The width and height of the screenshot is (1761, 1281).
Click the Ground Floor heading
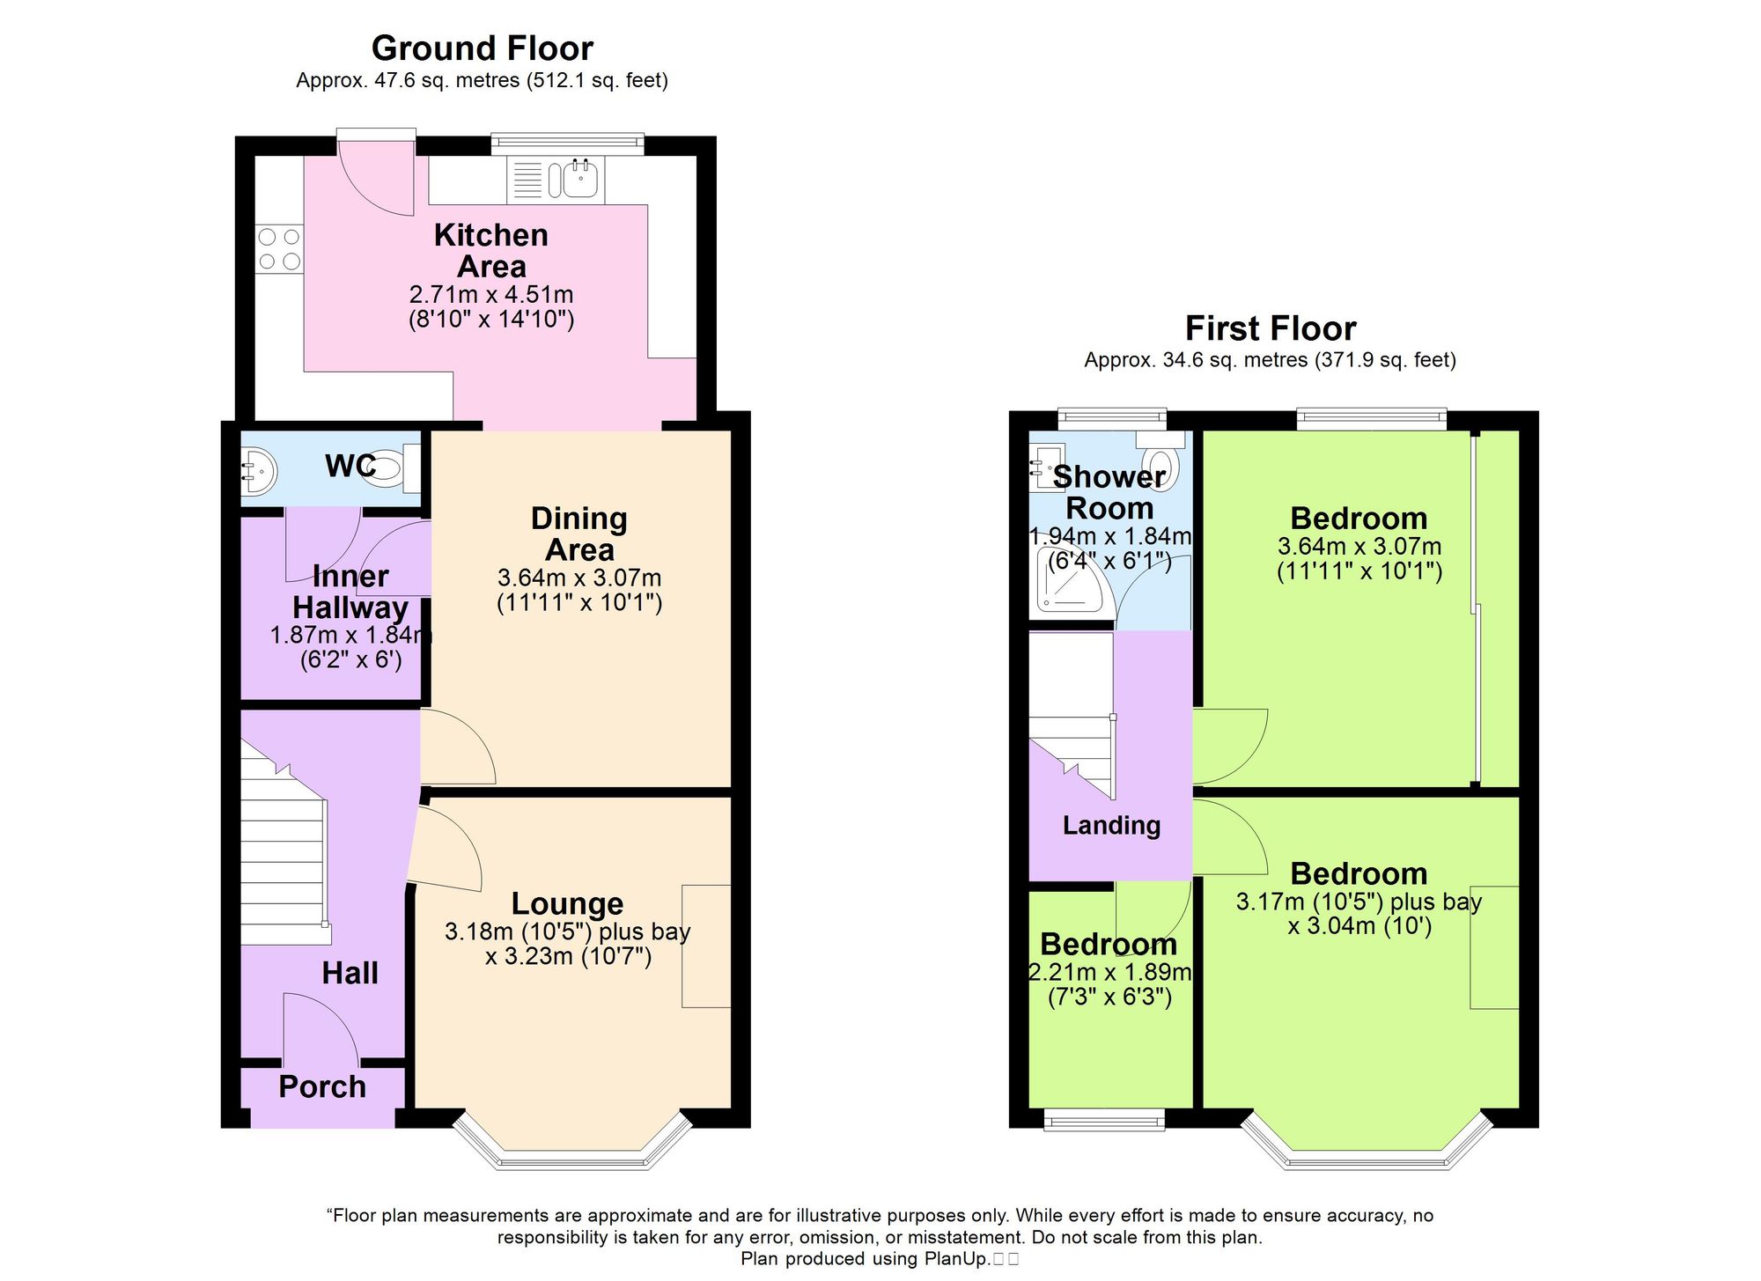[482, 48]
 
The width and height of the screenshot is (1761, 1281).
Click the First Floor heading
[1270, 328]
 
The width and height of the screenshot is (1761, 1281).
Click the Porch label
[322, 1087]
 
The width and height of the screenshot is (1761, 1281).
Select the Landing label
[1111, 825]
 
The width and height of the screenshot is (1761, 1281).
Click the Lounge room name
[567, 903]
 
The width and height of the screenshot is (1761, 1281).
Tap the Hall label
[350, 973]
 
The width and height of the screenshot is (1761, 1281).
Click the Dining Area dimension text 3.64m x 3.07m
[579, 578]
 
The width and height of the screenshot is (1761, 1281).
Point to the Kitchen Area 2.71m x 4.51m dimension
[491, 294]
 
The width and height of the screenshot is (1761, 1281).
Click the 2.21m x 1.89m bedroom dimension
[1109, 972]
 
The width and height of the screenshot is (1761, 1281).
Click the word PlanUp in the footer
[956, 1259]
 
